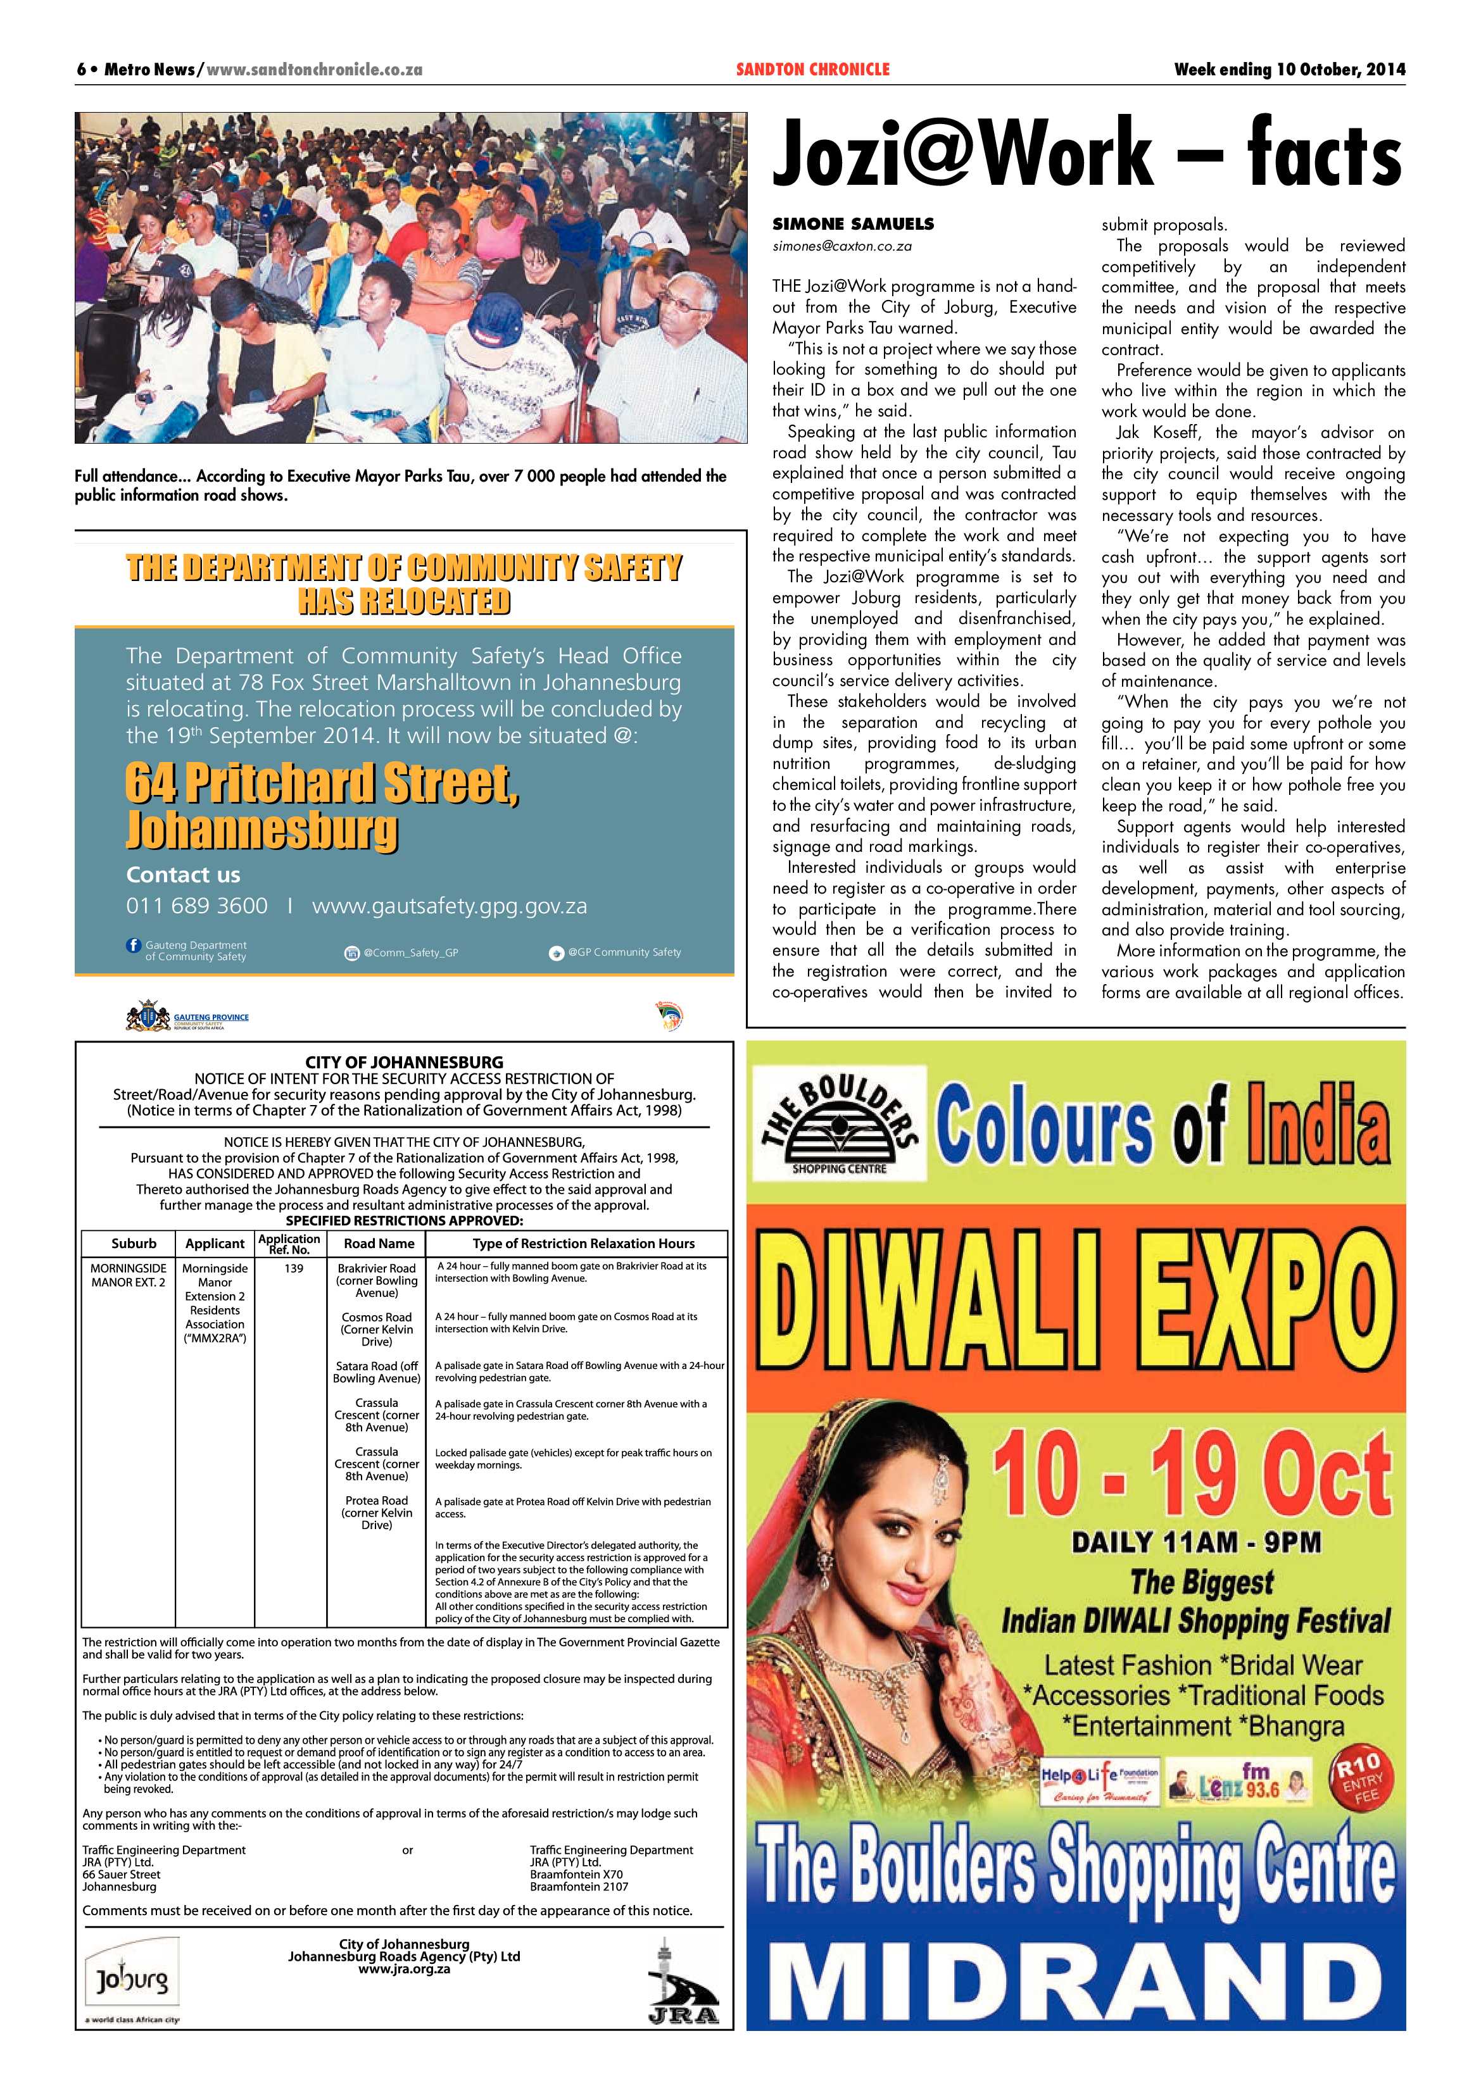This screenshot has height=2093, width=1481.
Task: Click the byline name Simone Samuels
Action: click(840, 224)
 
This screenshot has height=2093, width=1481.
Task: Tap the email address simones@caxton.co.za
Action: click(841, 246)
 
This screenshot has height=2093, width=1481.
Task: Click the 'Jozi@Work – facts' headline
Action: click(1086, 156)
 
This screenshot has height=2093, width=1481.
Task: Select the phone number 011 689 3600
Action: click(197, 906)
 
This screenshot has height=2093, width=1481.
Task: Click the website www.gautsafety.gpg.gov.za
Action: click(450, 906)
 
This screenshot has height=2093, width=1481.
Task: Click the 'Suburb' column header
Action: click(134, 1244)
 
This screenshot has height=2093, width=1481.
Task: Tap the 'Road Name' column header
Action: click(379, 1244)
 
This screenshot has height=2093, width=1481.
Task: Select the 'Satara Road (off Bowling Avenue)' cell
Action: click(377, 1372)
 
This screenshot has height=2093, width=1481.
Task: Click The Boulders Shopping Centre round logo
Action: click(839, 1126)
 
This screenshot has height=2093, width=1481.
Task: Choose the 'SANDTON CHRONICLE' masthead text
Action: click(812, 69)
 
